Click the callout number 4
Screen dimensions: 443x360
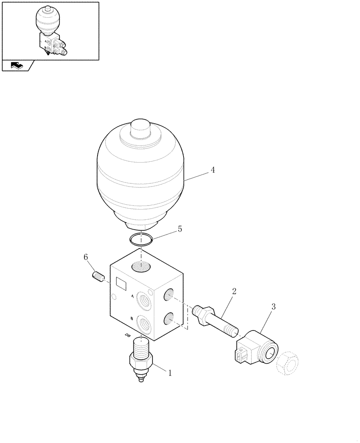click(x=213, y=170)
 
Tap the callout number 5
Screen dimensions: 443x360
click(x=180, y=229)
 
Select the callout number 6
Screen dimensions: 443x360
click(x=86, y=257)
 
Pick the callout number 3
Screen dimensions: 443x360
click(x=274, y=306)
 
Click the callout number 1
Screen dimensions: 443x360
click(x=169, y=373)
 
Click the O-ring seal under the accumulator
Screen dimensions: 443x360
click(x=141, y=240)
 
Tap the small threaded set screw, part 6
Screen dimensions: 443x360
click(x=98, y=277)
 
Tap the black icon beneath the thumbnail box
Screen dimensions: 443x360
click(x=16, y=66)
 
